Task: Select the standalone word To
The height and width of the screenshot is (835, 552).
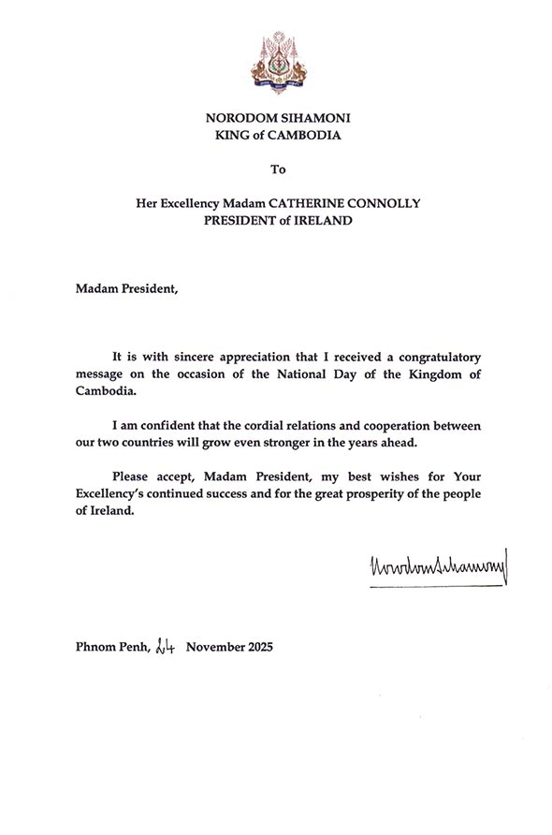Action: (x=276, y=169)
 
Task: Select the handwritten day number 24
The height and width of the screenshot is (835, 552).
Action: (x=166, y=646)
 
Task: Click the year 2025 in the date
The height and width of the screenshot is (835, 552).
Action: (x=256, y=647)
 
